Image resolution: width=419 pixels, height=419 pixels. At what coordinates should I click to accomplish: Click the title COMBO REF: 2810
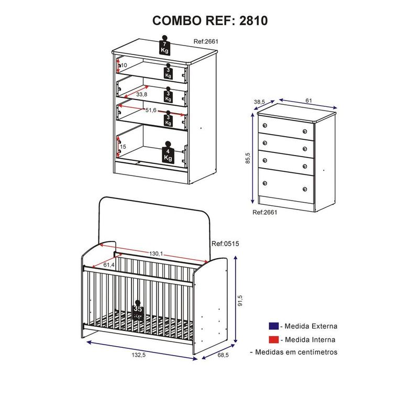210,20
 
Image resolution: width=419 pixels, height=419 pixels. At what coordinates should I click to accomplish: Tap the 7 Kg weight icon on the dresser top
164,46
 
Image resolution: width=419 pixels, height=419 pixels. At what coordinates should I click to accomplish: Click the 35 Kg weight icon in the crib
138,311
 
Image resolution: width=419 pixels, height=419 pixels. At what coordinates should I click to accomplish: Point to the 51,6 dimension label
151,110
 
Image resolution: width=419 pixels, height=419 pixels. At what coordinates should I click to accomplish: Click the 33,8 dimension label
141,95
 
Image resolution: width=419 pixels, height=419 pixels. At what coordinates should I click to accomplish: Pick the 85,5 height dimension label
247,158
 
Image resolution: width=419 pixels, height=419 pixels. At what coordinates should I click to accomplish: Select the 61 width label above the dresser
309,100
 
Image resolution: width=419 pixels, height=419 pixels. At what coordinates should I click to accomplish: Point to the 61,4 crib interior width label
109,265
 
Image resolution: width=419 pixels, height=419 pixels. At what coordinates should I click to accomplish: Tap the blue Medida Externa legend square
273,326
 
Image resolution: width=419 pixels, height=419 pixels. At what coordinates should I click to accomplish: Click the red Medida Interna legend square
273,339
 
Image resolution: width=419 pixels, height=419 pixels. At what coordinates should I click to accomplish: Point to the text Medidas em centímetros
296,352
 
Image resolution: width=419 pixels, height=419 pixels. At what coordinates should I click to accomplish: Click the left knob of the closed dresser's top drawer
264,126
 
